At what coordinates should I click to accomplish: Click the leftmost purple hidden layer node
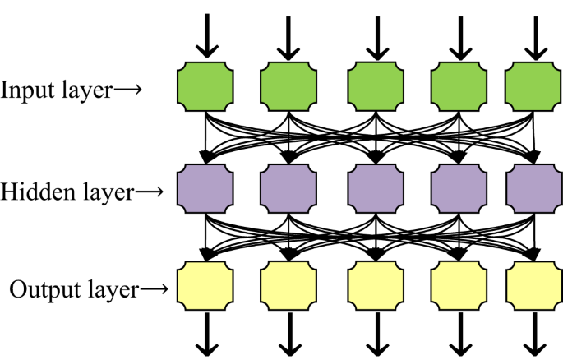coord(206,190)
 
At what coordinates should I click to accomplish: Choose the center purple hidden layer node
coord(376,190)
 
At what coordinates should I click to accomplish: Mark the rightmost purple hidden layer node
coord(533,190)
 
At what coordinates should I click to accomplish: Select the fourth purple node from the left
coord(458,190)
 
